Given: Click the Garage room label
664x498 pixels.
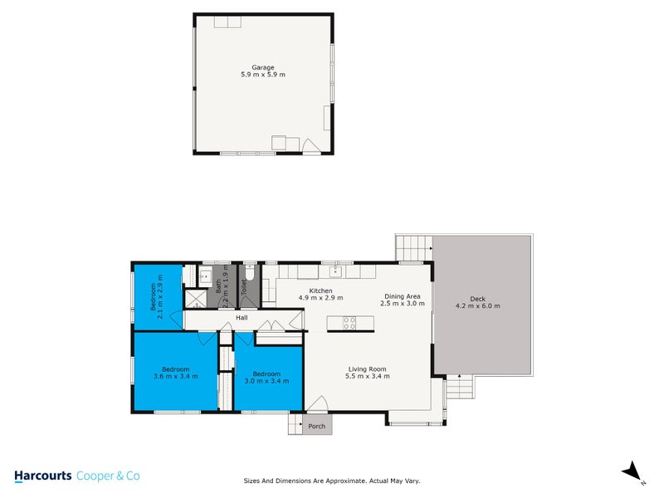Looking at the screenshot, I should click(x=263, y=67).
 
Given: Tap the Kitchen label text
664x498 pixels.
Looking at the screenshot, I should click(x=320, y=290).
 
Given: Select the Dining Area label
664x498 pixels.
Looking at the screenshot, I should click(x=403, y=296).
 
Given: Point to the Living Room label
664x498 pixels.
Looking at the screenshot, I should click(x=366, y=369).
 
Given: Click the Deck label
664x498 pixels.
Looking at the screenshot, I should click(x=477, y=299).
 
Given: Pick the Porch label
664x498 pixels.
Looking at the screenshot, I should click(x=316, y=427).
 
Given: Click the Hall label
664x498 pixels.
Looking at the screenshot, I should click(x=242, y=318).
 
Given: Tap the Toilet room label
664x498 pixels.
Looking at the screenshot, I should click(x=245, y=288).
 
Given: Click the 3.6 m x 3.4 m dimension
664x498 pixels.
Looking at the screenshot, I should click(x=176, y=376).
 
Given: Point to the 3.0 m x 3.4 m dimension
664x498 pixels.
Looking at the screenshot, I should click(x=267, y=381).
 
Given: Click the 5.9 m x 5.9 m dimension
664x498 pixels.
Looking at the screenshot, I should click(x=263, y=75).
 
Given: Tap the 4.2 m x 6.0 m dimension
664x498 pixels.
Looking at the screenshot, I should click(x=477, y=305).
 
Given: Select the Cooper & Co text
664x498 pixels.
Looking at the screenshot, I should click(x=108, y=476).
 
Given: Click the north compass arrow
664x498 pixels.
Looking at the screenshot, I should click(x=632, y=471).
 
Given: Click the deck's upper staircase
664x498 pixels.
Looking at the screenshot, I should click(x=414, y=247).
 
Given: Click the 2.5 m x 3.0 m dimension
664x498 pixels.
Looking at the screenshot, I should click(x=403, y=304).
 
